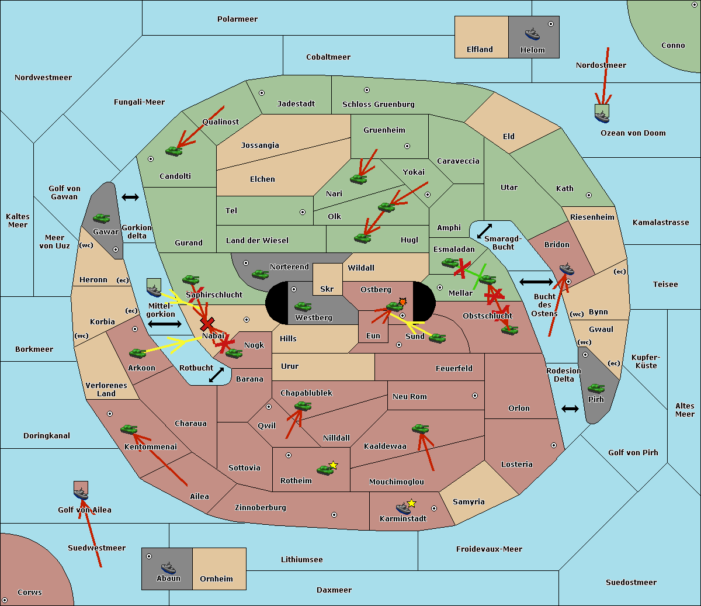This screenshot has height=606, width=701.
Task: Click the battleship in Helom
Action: (532, 34)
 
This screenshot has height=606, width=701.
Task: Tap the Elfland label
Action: (480, 50)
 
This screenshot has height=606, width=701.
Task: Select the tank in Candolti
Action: (173, 151)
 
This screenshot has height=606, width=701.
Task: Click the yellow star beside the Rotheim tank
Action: (333, 465)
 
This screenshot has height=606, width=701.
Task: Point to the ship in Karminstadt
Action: (403, 508)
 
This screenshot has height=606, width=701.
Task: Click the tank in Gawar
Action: (101, 218)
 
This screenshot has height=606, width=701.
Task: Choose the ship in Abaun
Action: (168, 567)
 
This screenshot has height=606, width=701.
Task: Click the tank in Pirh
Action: (596, 388)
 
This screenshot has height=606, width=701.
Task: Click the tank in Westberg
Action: (303, 306)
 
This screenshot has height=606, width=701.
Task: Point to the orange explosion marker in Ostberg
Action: (402, 302)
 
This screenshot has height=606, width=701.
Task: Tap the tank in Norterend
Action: (260, 274)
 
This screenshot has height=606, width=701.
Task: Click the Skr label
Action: (327, 289)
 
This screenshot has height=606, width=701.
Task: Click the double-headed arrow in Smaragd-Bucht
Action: (484, 231)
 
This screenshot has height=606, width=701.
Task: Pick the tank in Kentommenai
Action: (129, 429)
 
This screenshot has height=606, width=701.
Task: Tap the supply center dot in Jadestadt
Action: (262, 93)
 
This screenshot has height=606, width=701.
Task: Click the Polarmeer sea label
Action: (237, 19)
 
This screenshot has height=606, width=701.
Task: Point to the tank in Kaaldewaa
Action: (420, 428)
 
